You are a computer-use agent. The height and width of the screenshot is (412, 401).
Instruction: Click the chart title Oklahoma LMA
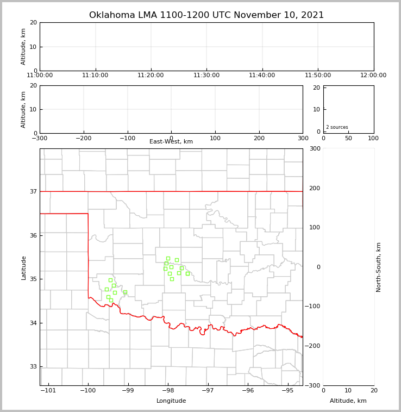pos(206,15)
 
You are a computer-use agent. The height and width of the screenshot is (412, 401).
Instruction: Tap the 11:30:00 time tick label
pos(206,76)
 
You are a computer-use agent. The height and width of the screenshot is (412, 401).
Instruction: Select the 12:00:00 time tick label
pos(373,76)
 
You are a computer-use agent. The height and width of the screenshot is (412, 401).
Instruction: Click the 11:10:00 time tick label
pos(96,76)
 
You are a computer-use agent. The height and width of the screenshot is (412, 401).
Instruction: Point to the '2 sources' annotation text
pos(337,127)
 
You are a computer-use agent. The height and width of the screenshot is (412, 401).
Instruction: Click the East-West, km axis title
pos(171,142)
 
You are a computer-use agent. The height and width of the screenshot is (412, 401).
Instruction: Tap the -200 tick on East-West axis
pos(83,138)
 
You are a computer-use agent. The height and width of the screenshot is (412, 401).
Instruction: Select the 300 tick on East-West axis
pos(303,138)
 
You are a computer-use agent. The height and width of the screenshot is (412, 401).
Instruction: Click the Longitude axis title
pos(171,401)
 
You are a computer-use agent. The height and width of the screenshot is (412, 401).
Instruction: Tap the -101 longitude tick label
pos(48,390)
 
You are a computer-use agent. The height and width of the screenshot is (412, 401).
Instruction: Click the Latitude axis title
pos(24,267)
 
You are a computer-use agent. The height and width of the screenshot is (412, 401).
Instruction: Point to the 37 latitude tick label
pos(33,191)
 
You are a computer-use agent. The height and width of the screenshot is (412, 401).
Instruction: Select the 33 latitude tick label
pos(33,366)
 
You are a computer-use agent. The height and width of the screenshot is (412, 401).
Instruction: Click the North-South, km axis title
pos(379,267)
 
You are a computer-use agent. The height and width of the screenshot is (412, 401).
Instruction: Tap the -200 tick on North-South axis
pos(315,346)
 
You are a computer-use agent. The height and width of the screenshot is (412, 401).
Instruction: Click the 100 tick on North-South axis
pos(315,227)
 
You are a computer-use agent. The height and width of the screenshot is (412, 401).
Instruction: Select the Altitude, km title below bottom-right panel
pos(348,401)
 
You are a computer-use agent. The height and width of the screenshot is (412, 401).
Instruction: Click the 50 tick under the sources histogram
pos(348,138)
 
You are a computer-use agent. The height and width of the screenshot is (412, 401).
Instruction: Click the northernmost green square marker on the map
pos(168,258)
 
